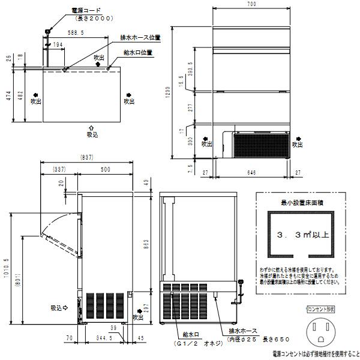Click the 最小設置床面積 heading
coord(298,204)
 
